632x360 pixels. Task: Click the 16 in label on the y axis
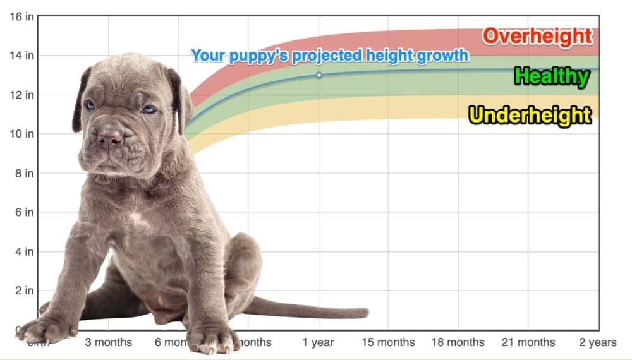21,16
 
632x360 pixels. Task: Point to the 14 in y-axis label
21,56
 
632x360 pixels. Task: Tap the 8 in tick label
25,173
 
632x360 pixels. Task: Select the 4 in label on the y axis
25,251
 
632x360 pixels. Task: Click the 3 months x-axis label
109,342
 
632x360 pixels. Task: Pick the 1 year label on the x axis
318,342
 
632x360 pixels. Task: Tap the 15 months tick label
388,342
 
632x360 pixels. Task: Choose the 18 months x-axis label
458,342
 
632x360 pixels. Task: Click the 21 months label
528,342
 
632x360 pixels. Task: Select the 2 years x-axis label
597,342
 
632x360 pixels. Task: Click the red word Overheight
538,37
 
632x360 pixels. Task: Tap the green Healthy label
552,77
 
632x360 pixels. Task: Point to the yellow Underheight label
530,116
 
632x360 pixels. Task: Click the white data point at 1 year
319,75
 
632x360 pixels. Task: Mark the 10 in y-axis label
21,134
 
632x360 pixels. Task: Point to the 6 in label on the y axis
25,212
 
